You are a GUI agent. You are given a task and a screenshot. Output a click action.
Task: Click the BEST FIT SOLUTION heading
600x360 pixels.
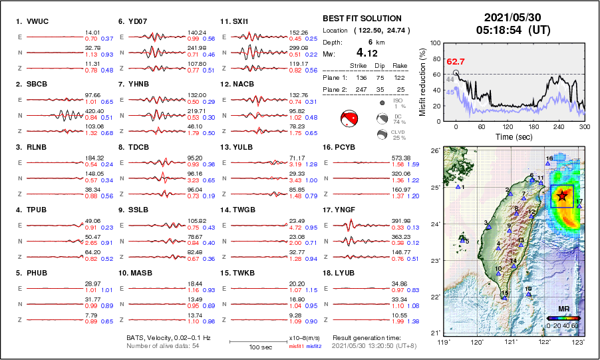tap(362, 19)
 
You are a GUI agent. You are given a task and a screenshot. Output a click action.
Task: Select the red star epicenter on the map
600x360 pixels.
tap(562, 196)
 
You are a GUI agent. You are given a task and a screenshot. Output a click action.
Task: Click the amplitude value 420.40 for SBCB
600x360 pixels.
tap(93, 111)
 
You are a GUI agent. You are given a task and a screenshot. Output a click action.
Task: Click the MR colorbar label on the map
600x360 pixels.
tap(563, 309)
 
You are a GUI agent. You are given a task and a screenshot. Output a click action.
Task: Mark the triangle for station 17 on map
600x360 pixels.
tap(579, 206)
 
